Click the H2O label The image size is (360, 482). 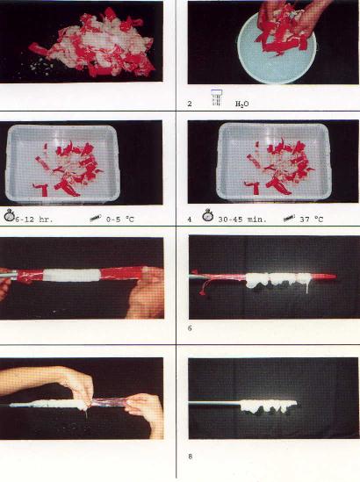(x=242, y=104)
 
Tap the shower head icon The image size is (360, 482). (x=217, y=97)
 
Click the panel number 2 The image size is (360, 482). (x=190, y=104)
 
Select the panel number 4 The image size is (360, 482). (x=190, y=219)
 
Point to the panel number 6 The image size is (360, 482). (x=190, y=328)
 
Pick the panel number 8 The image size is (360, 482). (x=190, y=457)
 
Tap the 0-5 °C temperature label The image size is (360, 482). (x=120, y=219)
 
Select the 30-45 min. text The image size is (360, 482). (x=242, y=219)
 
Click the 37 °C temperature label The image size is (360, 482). (x=312, y=219)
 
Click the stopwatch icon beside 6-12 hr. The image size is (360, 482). (x=10, y=215)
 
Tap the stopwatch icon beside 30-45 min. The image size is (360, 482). (x=208, y=215)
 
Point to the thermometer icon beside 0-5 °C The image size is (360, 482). (x=96, y=218)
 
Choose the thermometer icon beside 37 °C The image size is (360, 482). (x=289, y=218)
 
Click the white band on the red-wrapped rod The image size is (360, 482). (x=71, y=275)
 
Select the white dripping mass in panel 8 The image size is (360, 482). (x=269, y=406)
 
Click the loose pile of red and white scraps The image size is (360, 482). (x=92, y=43)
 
